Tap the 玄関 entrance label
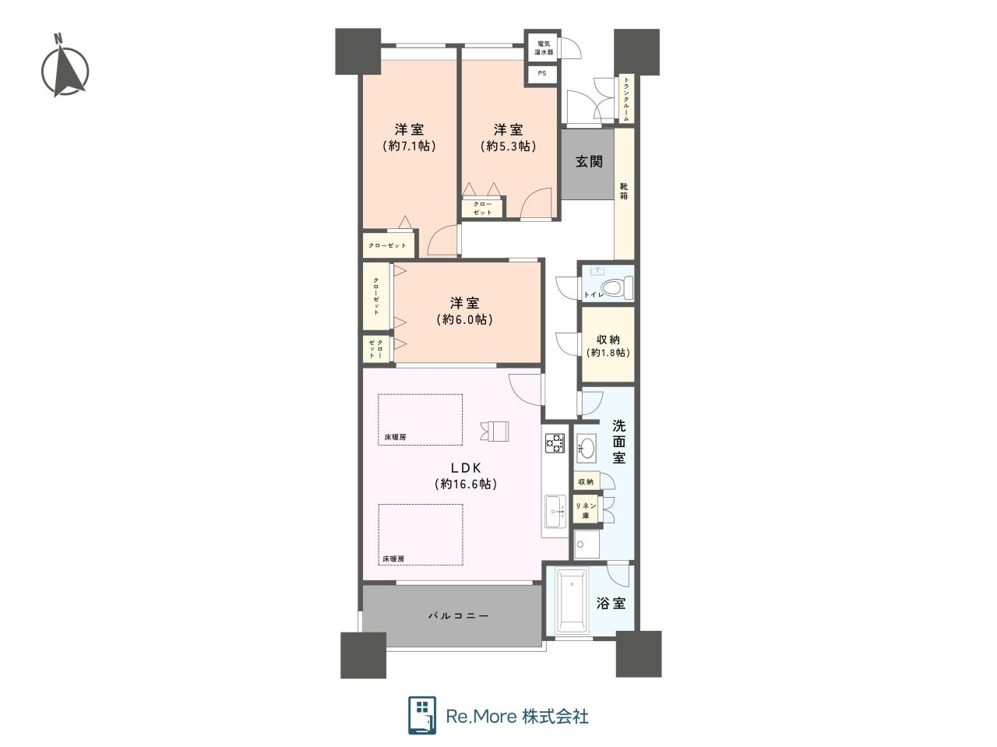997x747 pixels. pos(589,162)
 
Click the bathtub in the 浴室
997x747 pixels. pos(572,600)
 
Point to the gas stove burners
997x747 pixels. pos(555,442)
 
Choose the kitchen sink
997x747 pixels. pos(555,512)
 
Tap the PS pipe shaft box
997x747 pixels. pos(542,74)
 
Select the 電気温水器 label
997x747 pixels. pos(544,48)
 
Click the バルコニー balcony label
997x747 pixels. pos(459,616)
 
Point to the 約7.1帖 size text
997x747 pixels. pos(409,146)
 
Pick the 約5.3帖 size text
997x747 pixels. pos(509,146)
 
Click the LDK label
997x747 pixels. pos(466,467)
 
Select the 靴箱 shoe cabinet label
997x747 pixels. pos(624,191)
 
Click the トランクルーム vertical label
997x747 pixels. pos(626,100)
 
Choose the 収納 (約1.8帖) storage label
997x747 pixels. pos(608,346)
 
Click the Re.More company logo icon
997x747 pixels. pos(422,716)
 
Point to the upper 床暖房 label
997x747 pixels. pos(395,437)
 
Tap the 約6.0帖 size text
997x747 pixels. pos(465,319)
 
